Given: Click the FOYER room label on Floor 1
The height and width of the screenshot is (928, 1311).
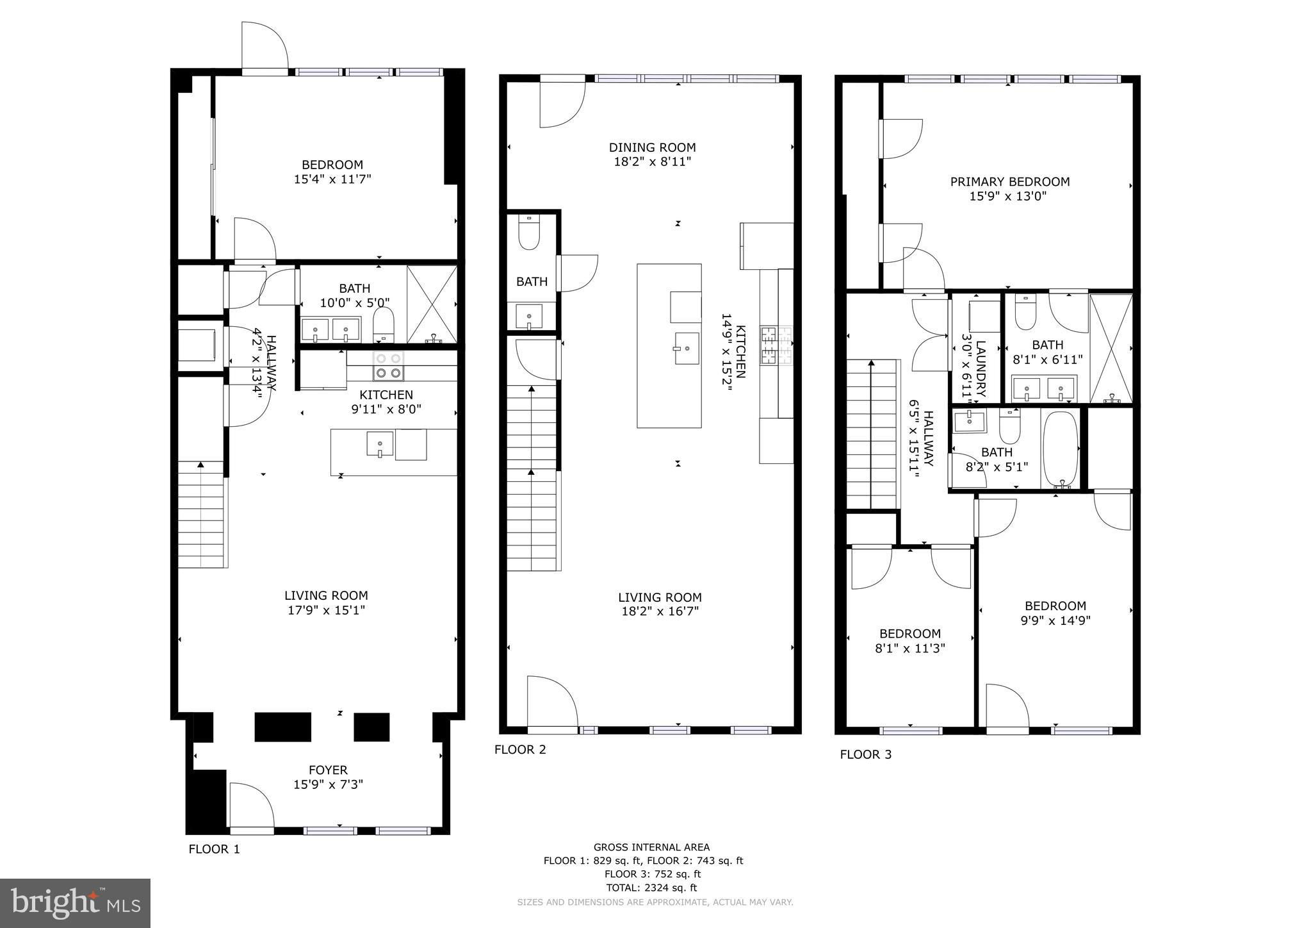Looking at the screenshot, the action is pos(328,770).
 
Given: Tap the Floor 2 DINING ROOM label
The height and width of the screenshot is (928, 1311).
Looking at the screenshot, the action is pos(652,147).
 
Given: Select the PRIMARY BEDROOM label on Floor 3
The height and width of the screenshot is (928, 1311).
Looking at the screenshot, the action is pos(1009,181).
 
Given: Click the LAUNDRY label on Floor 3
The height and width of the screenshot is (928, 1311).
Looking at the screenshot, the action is pos(981,369).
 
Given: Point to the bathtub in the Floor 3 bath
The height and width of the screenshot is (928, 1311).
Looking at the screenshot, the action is pos(1061,451).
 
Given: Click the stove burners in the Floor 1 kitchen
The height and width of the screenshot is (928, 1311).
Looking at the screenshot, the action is pos(389,365).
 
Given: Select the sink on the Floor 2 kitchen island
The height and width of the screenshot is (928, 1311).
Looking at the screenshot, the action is pos(686,348).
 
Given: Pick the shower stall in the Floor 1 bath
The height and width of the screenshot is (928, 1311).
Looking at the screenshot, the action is pos(432,304).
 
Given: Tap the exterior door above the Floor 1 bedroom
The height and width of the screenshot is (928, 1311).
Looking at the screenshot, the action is pos(264,45).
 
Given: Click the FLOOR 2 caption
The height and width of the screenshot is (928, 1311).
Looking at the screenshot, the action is pos(520,749).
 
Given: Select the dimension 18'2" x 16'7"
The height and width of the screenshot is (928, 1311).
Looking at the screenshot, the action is pos(660,611).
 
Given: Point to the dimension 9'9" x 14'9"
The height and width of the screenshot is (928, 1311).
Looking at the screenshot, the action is pos(1055,620).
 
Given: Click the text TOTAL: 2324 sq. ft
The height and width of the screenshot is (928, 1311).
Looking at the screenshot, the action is pos(651,888).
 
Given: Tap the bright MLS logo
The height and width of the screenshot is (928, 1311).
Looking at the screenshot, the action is pos(76,903).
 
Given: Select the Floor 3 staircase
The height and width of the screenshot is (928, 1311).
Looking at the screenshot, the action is pos(872,434).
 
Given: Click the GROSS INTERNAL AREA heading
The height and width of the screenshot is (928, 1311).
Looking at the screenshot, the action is pos(651,847).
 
